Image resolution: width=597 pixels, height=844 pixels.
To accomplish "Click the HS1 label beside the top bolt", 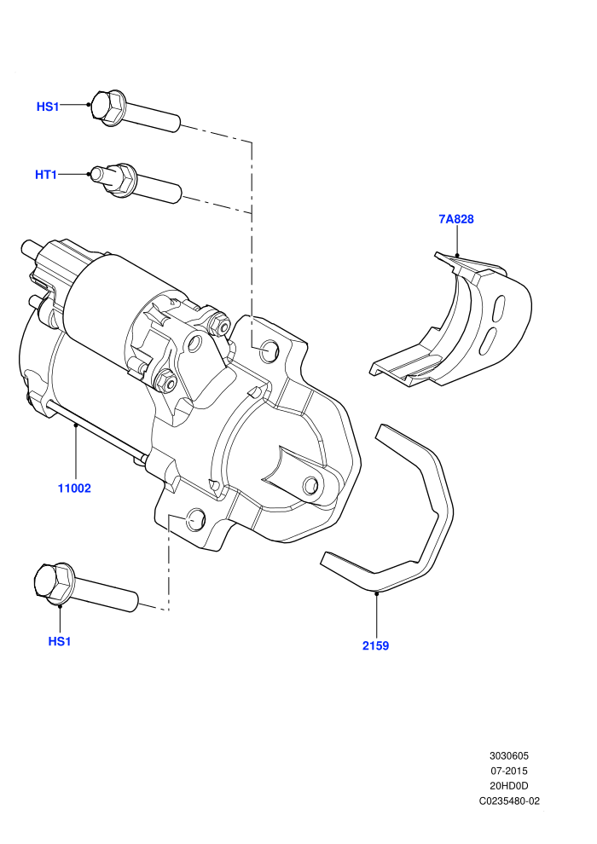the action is [x=48, y=107].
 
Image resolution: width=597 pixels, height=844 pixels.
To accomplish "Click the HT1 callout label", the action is [x=46, y=175].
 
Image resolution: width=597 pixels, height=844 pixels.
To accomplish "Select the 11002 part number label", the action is [x=74, y=488].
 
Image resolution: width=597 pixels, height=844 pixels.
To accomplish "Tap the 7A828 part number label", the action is [x=456, y=219].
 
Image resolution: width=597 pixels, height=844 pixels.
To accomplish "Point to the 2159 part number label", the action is [x=376, y=646].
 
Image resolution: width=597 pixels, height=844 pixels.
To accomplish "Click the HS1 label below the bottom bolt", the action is [x=60, y=642].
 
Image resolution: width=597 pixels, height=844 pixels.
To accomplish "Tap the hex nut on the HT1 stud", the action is [x=125, y=179].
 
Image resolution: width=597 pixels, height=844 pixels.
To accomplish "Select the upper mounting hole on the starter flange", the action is [x=269, y=351].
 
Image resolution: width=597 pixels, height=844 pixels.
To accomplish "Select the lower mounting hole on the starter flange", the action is [x=195, y=518].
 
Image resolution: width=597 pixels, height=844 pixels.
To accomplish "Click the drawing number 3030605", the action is [x=508, y=755].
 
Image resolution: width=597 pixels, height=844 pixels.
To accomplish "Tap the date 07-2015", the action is [x=508, y=771].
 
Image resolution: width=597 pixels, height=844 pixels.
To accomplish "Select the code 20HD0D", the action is [x=508, y=786].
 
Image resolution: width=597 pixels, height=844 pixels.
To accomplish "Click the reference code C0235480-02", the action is [x=509, y=801].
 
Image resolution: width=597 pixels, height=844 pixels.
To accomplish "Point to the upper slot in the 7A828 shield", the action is [x=499, y=309].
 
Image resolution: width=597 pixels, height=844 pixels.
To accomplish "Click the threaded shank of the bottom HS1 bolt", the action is [x=105, y=593].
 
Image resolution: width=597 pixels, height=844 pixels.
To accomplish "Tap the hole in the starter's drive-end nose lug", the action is [x=310, y=485].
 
